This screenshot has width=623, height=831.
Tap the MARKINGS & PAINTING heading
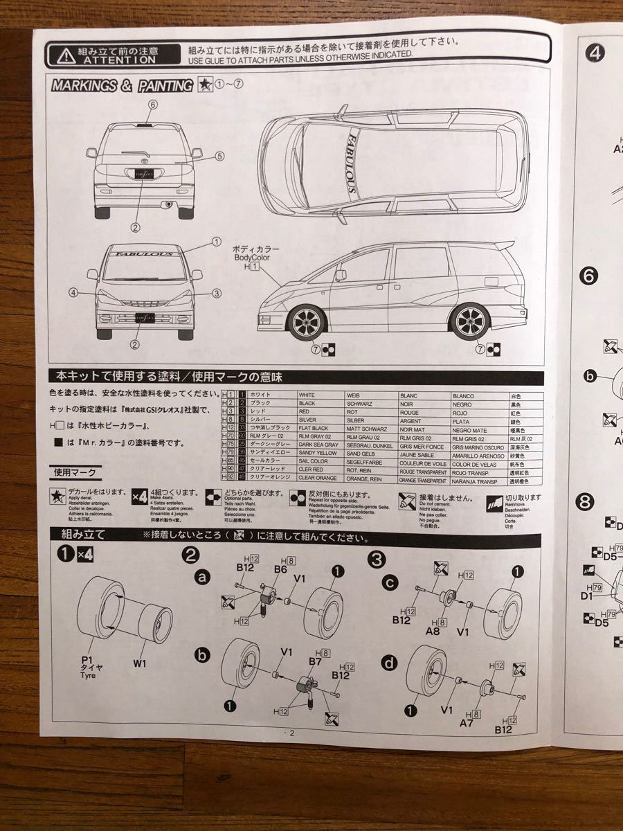tap(122, 86)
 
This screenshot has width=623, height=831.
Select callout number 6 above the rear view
tap(153, 104)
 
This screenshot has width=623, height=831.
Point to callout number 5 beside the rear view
tap(219, 156)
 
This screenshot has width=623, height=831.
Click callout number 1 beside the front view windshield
tap(216, 242)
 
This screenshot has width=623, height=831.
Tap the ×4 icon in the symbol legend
tap(139, 498)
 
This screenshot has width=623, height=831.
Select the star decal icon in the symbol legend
tap(57, 498)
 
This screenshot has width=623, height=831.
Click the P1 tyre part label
tap(88, 661)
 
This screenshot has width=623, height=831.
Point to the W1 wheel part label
tap(141, 663)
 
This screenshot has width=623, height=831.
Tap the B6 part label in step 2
tap(280, 569)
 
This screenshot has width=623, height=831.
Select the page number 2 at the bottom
tap(291, 733)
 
